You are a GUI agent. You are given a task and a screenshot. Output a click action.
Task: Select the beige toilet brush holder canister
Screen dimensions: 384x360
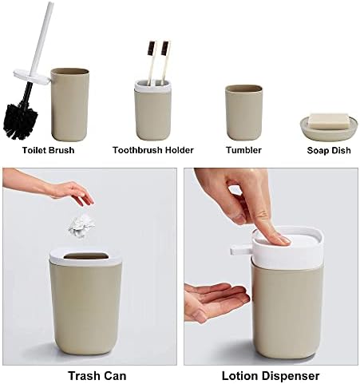[70, 103]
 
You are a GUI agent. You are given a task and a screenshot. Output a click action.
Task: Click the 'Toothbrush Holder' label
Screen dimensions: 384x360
[153, 148]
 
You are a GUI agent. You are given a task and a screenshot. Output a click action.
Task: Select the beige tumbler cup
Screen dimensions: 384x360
[243, 111]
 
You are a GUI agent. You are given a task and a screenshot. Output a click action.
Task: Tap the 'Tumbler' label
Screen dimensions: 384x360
[243, 148]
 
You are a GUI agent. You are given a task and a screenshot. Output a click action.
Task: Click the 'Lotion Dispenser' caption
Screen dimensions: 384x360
[270, 374]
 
